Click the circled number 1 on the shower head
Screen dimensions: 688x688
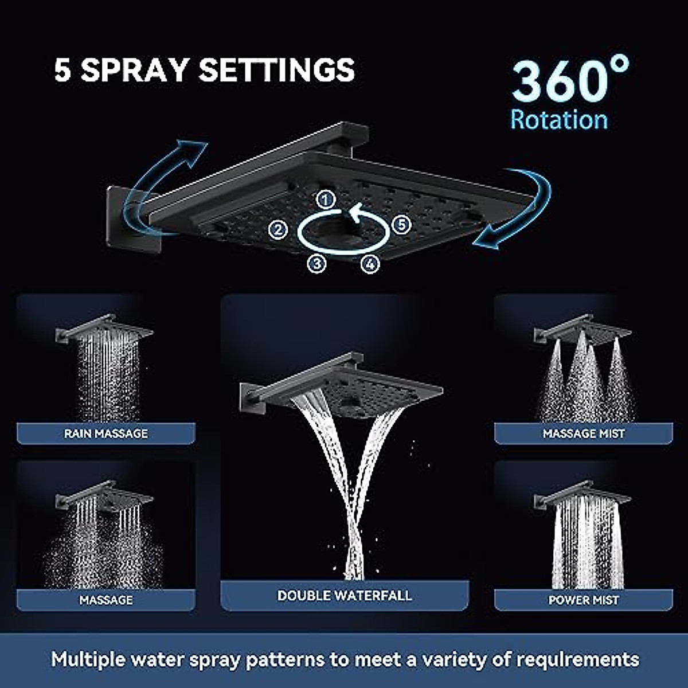point(326,200)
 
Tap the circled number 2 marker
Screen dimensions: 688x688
point(278,230)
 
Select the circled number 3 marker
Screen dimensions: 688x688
point(317,263)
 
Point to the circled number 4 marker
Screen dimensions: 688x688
point(370,264)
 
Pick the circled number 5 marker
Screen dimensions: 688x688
point(401,224)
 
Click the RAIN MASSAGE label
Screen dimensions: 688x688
point(105,433)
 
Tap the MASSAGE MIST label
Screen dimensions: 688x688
point(583,434)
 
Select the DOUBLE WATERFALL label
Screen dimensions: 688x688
point(345,596)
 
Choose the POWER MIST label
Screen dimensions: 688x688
point(583,600)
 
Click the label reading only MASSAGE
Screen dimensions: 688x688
point(105,600)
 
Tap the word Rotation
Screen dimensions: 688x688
point(559,120)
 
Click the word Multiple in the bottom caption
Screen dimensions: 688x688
point(87,659)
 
